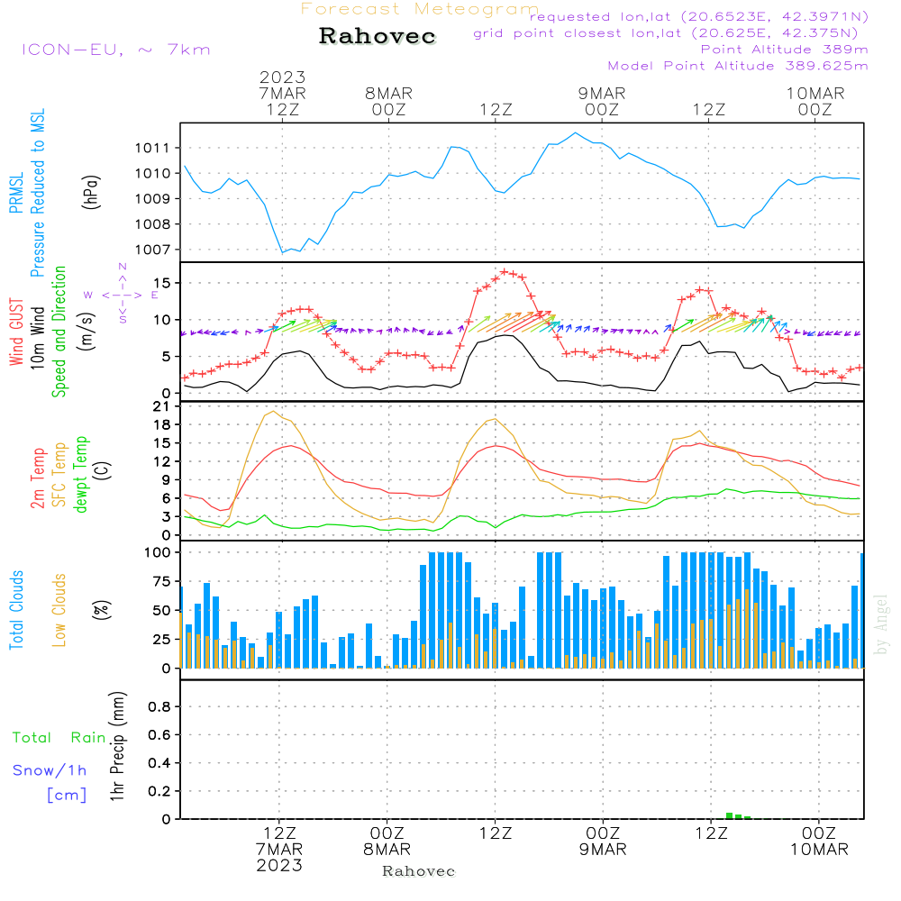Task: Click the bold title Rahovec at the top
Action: pyautogui.click(x=377, y=36)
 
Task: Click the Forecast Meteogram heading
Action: pyautogui.click(x=420, y=9)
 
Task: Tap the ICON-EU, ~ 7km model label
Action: pyautogui.click(x=116, y=50)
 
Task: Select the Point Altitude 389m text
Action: pyautogui.click(x=785, y=50)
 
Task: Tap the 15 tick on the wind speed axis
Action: pyautogui.click(x=162, y=283)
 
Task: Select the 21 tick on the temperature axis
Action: pyautogui.click(x=162, y=407)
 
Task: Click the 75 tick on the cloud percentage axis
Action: pyautogui.click(x=162, y=581)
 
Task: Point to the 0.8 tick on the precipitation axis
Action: pyautogui.click(x=159, y=706)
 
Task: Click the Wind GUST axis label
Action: pyautogui.click(x=16, y=332)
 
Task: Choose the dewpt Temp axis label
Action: pyautogui.click(x=80, y=474)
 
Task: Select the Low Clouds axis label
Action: pyautogui.click(x=59, y=610)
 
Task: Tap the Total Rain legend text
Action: pyautogui.click(x=59, y=738)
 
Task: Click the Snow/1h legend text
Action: pyautogui.click(x=50, y=770)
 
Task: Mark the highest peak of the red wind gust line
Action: pyautogui.click(x=504, y=272)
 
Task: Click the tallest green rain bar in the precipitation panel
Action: pyautogui.click(x=729, y=816)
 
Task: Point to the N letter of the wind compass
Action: pyautogui.click(x=123, y=267)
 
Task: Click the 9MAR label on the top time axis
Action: pyautogui.click(x=602, y=94)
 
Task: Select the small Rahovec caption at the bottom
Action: pyautogui.click(x=418, y=871)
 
